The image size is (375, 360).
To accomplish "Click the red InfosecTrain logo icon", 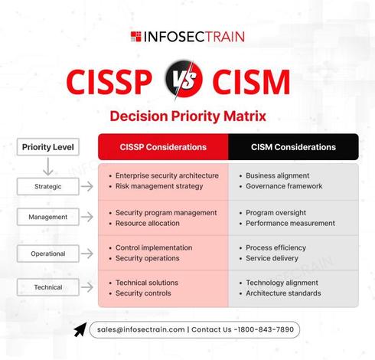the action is (x=135, y=37).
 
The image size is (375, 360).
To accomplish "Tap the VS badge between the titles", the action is (x=184, y=79).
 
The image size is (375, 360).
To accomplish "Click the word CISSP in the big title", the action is (x=109, y=82).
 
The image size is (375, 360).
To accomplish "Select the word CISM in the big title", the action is (x=251, y=82).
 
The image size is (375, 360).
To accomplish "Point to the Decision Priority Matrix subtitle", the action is (x=188, y=116).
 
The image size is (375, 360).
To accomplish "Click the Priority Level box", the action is (x=48, y=147).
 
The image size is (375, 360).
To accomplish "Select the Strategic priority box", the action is (x=48, y=186).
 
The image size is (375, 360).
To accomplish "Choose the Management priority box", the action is (x=48, y=217).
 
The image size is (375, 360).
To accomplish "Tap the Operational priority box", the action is (x=48, y=254).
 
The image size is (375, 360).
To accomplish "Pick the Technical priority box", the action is (x=48, y=287).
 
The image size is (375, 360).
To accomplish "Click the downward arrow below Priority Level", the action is (x=48, y=166).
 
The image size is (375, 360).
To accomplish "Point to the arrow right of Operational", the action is (x=87, y=254).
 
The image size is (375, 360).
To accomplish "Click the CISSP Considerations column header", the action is (x=163, y=147).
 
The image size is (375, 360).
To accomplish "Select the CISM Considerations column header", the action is (x=293, y=147).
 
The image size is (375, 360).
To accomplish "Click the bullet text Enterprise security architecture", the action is (x=167, y=175).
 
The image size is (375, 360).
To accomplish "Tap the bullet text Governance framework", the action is (x=284, y=186).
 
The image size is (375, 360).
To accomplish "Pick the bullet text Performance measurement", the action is (x=290, y=223).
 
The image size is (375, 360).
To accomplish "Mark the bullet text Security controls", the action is (x=143, y=293).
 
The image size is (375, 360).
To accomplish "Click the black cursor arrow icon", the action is (x=80, y=330).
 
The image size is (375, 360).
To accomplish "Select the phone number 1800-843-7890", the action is (x=266, y=329).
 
